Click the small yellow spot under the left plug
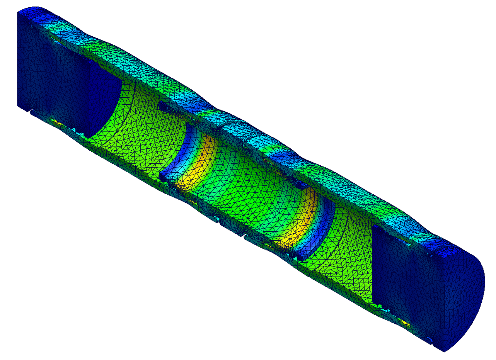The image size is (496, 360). tap(58, 123)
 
